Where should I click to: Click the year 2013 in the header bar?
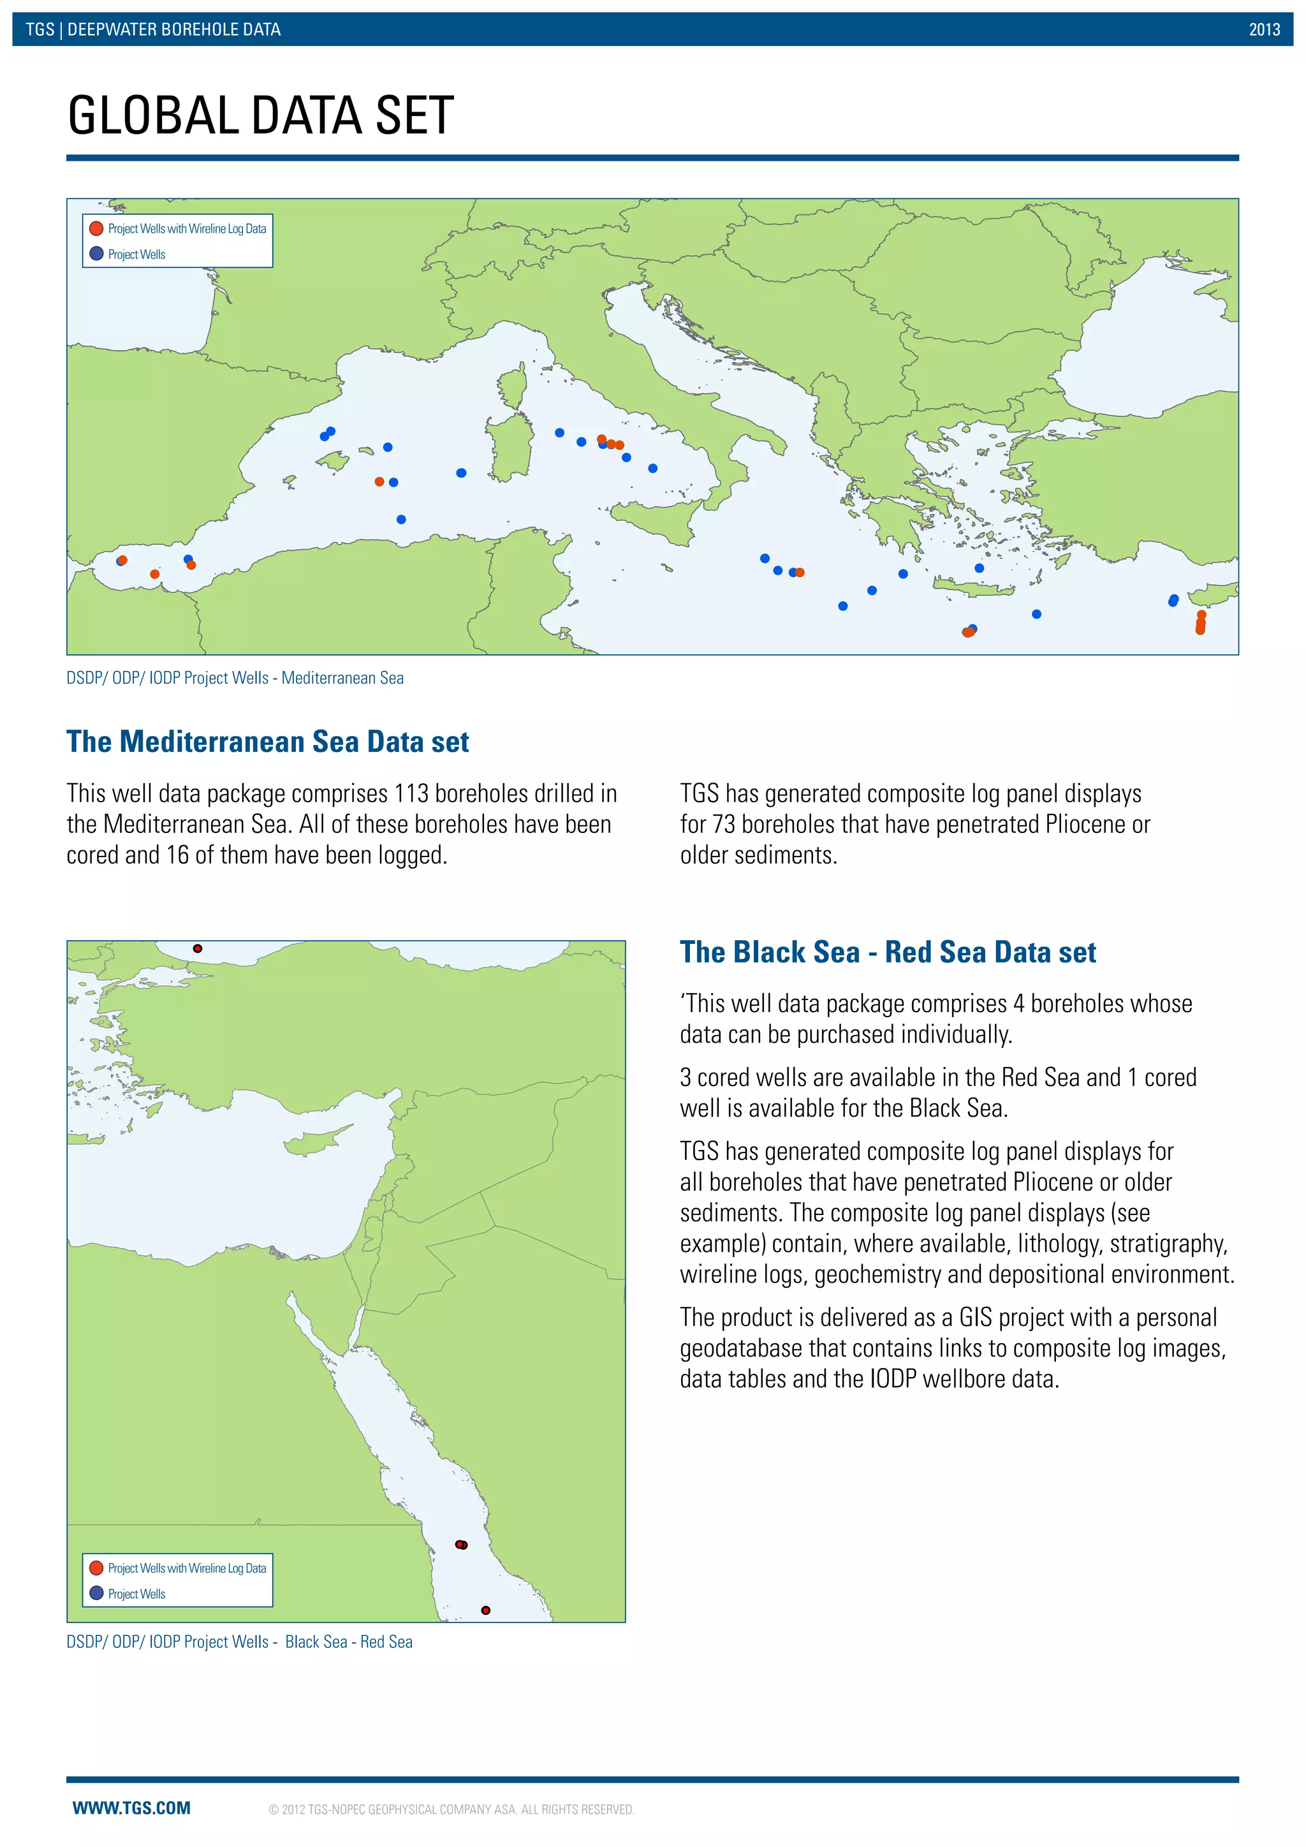pyautogui.click(x=1263, y=30)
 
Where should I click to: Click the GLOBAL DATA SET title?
pyautogui.click(x=261, y=115)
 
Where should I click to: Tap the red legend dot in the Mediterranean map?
pyautogui.click(x=96, y=228)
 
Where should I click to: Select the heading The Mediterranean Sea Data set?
pyautogui.click(x=267, y=741)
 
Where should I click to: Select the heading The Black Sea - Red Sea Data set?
pyautogui.click(x=887, y=952)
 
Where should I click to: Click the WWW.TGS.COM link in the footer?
pyautogui.click(x=132, y=1807)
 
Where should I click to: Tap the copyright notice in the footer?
pyautogui.click(x=451, y=1809)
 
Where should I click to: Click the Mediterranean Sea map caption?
pyautogui.click(x=235, y=677)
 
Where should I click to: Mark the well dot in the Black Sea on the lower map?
pyautogui.click(x=198, y=948)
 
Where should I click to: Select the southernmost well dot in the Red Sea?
pyautogui.click(x=486, y=1610)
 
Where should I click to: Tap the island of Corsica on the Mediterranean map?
pyautogui.click(x=513, y=385)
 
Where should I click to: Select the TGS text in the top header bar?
pyautogui.click(x=40, y=30)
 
